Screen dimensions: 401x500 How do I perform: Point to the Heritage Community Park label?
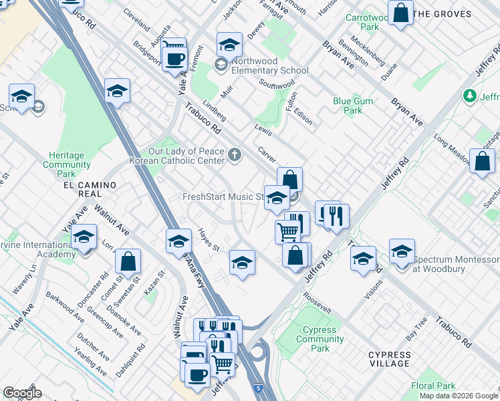pyautogui.click(x=66, y=164)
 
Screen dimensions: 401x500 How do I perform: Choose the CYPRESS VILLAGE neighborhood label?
pyautogui.click(x=389, y=359)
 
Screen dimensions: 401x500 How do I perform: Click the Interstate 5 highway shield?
pyautogui.click(x=258, y=387)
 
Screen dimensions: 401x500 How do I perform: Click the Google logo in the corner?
pyautogui.click(x=22, y=393)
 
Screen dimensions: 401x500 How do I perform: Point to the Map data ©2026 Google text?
pyautogui.click(x=458, y=396)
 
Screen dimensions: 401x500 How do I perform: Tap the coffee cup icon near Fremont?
pyautogui.click(x=175, y=58)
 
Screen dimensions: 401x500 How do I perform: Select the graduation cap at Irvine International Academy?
pyautogui.click(x=84, y=237)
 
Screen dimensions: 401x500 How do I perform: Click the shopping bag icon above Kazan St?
pyautogui.click(x=128, y=261)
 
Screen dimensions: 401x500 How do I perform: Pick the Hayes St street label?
pyautogui.click(x=209, y=240)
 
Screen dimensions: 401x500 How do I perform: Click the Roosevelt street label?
pyautogui.click(x=317, y=303)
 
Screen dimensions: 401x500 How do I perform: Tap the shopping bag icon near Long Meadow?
pyautogui.click(x=481, y=161)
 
